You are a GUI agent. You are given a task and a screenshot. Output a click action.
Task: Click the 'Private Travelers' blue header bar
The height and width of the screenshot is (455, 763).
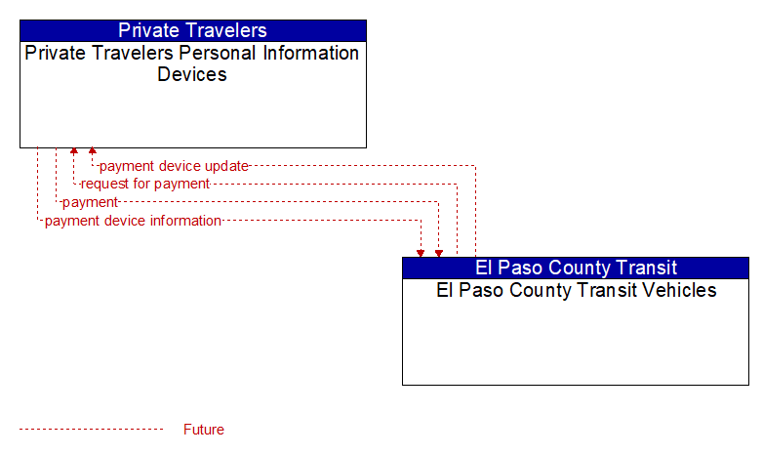[x=193, y=30]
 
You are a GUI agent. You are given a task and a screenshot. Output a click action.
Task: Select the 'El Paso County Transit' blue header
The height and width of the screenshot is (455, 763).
[x=576, y=268]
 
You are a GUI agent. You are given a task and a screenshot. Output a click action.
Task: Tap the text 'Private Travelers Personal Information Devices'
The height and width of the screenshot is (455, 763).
[x=192, y=63]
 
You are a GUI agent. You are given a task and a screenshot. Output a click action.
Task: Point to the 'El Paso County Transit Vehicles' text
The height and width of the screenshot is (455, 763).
[x=576, y=290]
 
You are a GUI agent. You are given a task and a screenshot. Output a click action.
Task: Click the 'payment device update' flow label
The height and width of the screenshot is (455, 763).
[x=175, y=166]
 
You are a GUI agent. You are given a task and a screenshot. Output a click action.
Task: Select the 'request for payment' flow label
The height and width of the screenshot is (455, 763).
[x=145, y=184]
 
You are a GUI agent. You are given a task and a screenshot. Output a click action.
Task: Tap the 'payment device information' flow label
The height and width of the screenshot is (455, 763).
[x=133, y=221]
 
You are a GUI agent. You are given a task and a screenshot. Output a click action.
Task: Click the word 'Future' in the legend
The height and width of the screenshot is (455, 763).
[x=204, y=430]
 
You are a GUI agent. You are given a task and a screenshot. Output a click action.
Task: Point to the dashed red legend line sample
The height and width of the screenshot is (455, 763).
[x=92, y=430]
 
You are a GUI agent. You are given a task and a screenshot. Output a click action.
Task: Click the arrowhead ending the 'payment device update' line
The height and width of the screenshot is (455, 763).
[x=92, y=151]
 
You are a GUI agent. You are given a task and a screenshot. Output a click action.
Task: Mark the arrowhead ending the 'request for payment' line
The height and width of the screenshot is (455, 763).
[x=74, y=151]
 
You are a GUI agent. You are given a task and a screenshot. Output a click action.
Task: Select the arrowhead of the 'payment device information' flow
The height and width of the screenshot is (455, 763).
[x=421, y=253]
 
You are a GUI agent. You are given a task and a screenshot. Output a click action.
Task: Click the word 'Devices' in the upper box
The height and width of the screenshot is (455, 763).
[x=192, y=74]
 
